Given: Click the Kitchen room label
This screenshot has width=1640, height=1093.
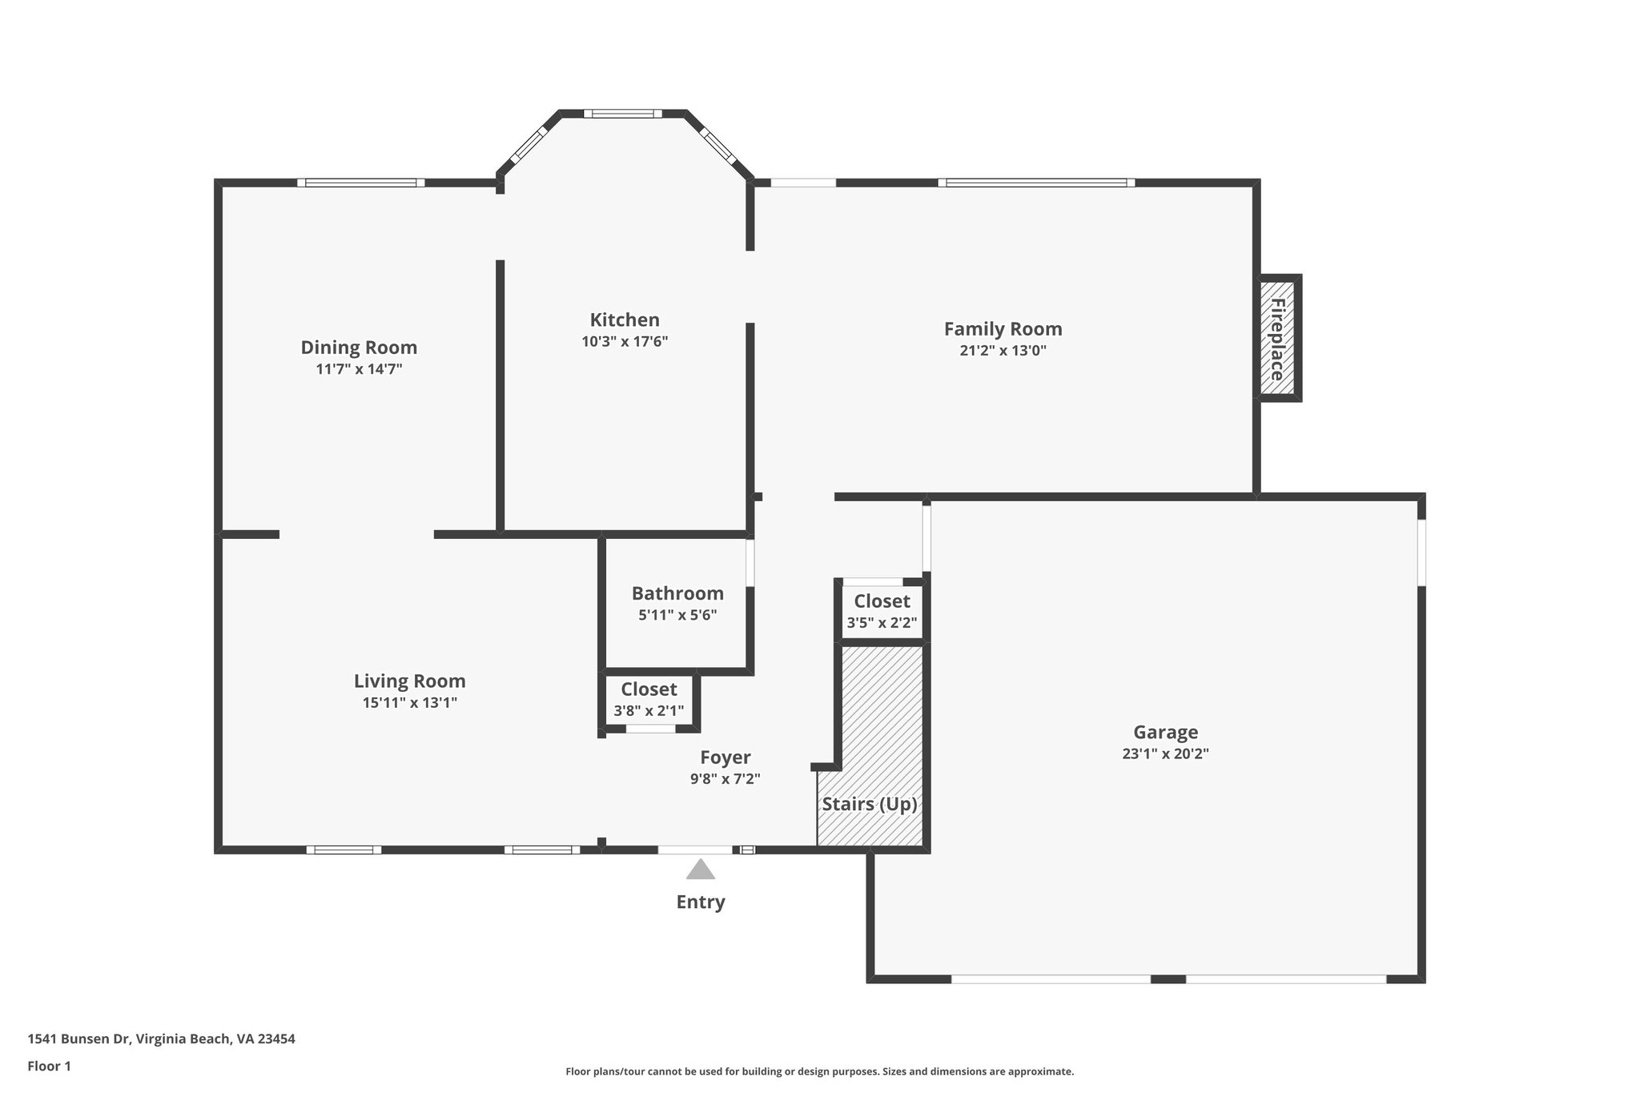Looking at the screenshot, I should (x=625, y=319).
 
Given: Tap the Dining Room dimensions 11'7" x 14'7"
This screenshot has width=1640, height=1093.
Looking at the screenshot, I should (x=359, y=369).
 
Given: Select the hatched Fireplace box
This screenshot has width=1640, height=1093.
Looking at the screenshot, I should (x=1277, y=338).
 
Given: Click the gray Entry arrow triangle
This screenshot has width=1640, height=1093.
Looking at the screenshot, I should (x=700, y=870).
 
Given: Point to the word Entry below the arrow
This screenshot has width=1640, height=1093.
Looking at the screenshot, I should (x=701, y=902).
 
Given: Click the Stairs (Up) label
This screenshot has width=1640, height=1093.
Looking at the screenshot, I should (x=870, y=804).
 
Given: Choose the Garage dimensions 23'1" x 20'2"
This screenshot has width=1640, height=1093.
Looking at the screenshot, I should (x=1165, y=753).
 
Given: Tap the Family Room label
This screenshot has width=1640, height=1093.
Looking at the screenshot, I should (x=1003, y=328).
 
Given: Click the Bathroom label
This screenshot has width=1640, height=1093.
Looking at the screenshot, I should (x=677, y=593).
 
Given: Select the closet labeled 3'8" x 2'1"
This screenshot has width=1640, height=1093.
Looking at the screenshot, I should (x=649, y=700).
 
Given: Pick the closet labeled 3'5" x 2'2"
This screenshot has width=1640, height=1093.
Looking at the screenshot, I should (x=882, y=612).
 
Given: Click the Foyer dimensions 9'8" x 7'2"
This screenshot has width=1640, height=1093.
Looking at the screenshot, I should (x=725, y=778).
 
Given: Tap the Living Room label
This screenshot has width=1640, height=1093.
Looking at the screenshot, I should (x=409, y=681).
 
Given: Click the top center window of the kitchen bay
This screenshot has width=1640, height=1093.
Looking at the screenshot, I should (x=623, y=114).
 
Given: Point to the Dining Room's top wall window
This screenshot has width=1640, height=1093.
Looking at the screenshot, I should (x=361, y=183).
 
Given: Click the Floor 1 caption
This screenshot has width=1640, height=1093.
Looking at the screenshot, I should (x=50, y=1066).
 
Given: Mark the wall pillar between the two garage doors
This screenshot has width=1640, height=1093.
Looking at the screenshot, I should (x=1168, y=978).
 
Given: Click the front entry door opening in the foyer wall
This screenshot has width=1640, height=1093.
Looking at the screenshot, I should (x=694, y=850).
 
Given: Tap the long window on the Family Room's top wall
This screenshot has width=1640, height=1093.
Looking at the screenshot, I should (x=1036, y=183).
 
